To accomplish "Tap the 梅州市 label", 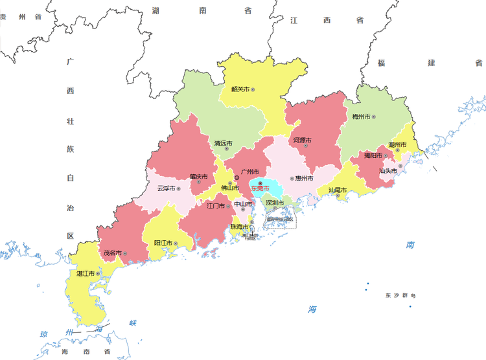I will (x=361, y=117).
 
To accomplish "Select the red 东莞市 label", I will (x=260, y=188).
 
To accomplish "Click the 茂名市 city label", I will (x=112, y=253).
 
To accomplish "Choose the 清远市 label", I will (x=223, y=143).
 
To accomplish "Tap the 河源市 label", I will (x=302, y=141).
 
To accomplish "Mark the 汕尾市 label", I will (x=337, y=190).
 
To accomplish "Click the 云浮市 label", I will (x=167, y=189).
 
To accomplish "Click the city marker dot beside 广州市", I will (x=236, y=176).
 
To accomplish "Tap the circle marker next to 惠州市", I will (x=292, y=178).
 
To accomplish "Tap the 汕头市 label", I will (x=388, y=171).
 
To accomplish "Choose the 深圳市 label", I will (x=275, y=203).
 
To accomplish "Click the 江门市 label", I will (x=216, y=206).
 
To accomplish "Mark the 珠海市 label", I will (x=240, y=227).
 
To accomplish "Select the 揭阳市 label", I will (x=373, y=155).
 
